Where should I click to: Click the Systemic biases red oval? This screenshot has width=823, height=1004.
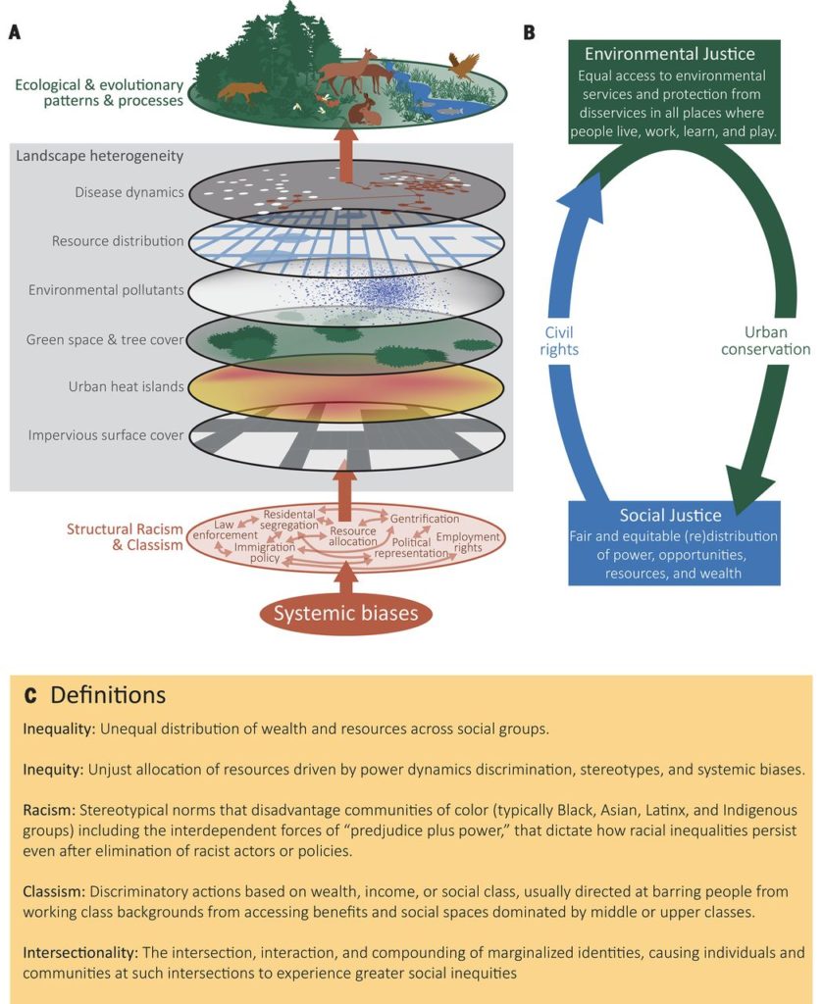coord(344,615)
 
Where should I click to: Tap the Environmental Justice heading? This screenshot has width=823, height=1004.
coord(670,53)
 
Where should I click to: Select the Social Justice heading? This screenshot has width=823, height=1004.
coord(670,516)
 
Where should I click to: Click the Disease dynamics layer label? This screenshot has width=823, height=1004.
coord(129,192)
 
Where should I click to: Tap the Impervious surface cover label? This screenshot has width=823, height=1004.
coord(106,434)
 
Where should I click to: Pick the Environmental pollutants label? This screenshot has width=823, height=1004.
coord(106,290)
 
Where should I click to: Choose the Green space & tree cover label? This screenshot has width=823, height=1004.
coord(105,339)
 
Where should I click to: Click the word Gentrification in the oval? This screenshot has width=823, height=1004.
coord(424,518)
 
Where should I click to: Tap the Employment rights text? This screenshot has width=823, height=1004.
coord(468,543)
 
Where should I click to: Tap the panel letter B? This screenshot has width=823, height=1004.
coord(529,32)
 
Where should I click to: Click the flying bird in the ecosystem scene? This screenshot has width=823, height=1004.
coord(461,66)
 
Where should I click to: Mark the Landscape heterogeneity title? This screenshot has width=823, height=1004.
coord(100,156)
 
